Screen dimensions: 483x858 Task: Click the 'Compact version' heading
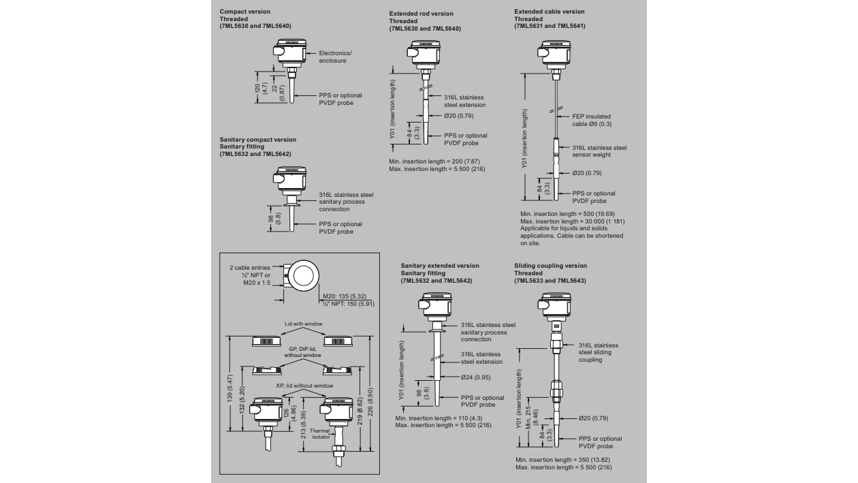[x=244, y=12]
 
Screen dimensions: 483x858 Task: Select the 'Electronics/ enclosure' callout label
[x=335, y=57]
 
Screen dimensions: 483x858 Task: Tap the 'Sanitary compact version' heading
[x=257, y=140]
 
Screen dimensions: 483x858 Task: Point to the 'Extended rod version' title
[x=421, y=14]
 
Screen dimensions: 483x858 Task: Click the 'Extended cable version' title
[x=549, y=12]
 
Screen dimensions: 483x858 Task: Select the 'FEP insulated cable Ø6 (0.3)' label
[x=592, y=120]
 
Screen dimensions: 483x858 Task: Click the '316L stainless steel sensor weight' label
[x=599, y=151]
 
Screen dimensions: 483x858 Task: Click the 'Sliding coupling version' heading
[x=550, y=266]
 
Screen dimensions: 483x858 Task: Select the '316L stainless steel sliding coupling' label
[x=599, y=352]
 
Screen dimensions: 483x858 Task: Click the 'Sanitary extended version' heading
[x=440, y=266]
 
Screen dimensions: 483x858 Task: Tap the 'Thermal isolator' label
[x=320, y=433]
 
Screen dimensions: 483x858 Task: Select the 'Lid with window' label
[x=304, y=324]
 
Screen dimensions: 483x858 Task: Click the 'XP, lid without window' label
[x=304, y=386]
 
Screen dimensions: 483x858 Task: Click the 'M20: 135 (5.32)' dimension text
[x=344, y=296]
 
